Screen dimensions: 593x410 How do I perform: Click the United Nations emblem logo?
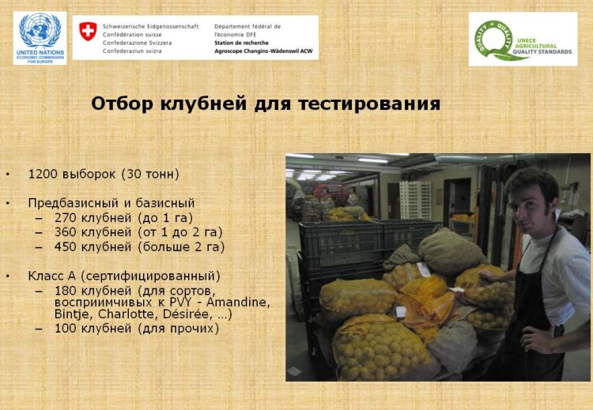(x=40, y=38)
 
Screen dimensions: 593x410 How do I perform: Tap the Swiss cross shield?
(x=88, y=31)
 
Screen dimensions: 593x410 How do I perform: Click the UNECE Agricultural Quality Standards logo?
(x=523, y=39)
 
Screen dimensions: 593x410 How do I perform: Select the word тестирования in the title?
(x=369, y=103)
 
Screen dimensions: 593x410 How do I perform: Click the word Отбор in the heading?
(x=123, y=103)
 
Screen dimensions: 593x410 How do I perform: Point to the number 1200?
(x=43, y=175)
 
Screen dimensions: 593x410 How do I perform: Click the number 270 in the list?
(x=66, y=218)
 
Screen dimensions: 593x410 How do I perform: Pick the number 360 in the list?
(x=66, y=232)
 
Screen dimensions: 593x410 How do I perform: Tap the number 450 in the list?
(x=66, y=247)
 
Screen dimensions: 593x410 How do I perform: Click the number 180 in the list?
(x=66, y=291)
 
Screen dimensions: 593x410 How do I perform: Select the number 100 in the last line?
(x=66, y=329)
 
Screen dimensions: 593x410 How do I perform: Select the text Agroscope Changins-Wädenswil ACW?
(x=263, y=51)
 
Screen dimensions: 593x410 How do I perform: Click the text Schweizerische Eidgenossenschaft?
(x=150, y=26)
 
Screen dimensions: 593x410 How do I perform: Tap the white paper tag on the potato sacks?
(x=424, y=270)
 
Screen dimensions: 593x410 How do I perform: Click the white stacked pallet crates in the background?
(x=415, y=200)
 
